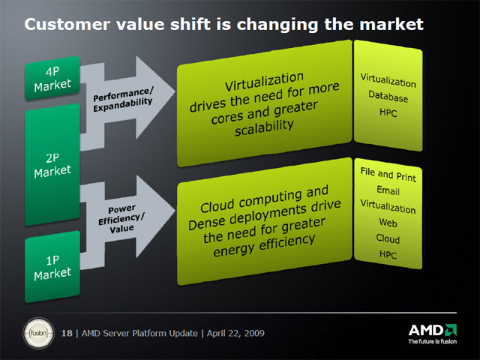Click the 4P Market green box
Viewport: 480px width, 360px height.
point(52,78)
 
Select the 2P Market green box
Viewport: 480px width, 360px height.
point(52,165)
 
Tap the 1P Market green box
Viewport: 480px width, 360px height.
point(52,267)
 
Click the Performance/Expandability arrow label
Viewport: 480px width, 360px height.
point(123,99)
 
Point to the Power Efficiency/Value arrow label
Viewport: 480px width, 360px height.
point(121,218)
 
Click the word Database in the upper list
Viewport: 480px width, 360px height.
point(388,96)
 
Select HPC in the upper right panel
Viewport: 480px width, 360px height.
point(388,112)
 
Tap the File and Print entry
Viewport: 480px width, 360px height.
point(388,175)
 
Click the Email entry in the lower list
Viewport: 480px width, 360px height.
point(388,190)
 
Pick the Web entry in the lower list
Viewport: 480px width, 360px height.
point(388,223)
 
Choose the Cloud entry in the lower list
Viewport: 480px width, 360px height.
point(388,238)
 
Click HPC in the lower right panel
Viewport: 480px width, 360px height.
point(388,254)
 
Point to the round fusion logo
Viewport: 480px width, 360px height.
point(38,333)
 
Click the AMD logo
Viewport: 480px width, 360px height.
point(433,330)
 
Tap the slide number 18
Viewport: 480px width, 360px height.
point(67,333)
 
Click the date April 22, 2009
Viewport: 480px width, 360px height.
point(235,333)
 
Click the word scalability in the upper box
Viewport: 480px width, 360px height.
point(264,127)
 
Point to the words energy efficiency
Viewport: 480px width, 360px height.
point(264,245)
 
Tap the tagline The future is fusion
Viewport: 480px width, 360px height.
point(433,341)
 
